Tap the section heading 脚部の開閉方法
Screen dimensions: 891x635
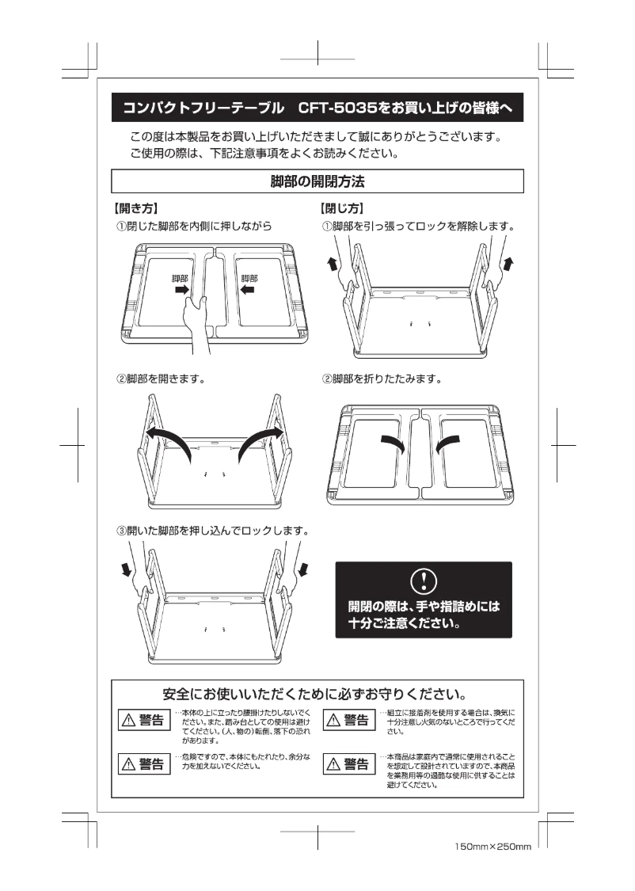pyautogui.click(x=317, y=181)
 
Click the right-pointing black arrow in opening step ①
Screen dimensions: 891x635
pyautogui.click(x=182, y=291)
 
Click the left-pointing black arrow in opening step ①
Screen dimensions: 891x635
pyautogui.click(x=247, y=291)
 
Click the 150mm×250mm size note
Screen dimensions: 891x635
pyautogui.click(x=492, y=847)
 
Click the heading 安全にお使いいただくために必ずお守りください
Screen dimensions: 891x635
pyautogui.click(x=317, y=695)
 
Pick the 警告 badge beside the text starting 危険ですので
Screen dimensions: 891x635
pyautogui.click(x=143, y=763)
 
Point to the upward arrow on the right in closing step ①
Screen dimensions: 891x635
pyautogui.click(x=508, y=263)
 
